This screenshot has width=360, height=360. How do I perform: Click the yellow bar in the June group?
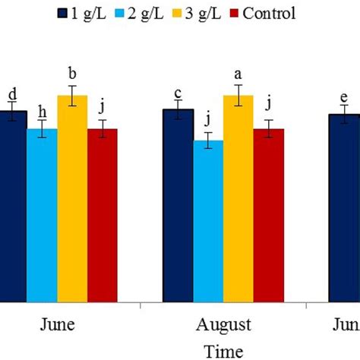pyautogui.click(x=72, y=197)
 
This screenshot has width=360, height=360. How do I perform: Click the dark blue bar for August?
pyautogui.click(x=178, y=205)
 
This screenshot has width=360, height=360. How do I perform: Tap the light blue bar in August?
pyautogui.click(x=208, y=220)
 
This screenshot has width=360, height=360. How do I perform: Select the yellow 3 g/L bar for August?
pyautogui.click(x=238, y=197)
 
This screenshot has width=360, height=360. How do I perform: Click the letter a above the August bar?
pyautogui.click(x=238, y=75)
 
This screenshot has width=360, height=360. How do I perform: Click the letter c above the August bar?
pyautogui.click(x=178, y=93)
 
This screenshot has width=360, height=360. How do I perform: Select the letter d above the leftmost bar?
pyautogui.click(x=12, y=94)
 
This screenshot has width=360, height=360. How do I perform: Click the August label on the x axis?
pyautogui.click(x=223, y=326)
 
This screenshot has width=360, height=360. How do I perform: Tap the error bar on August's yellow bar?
pyautogui.click(x=238, y=96)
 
